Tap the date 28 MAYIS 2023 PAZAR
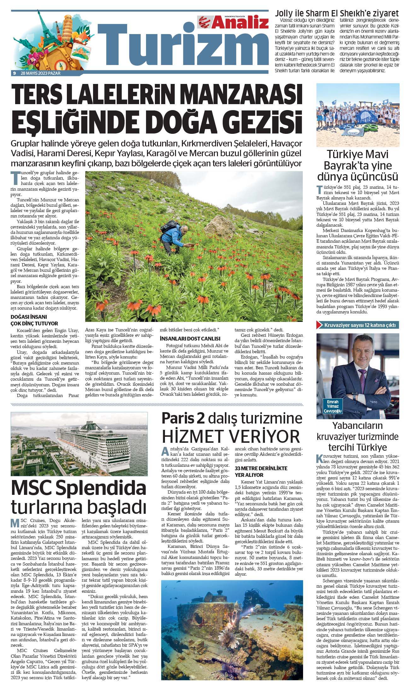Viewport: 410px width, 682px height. [40, 73]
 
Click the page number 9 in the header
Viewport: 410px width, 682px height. [15, 73]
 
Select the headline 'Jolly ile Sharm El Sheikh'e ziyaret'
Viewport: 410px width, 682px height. [337, 14]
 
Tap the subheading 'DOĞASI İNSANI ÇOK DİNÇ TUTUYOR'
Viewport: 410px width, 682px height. [34, 320]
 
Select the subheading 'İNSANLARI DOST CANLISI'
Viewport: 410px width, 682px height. [190, 338]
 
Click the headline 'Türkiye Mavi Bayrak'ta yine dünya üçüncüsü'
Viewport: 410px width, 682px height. [358, 165]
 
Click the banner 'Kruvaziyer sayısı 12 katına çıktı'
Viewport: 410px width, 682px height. [358, 325]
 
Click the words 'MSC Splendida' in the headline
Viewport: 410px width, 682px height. [79, 489]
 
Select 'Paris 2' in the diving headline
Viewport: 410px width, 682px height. [183, 418]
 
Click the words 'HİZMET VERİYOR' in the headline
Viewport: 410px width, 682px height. [231, 436]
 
